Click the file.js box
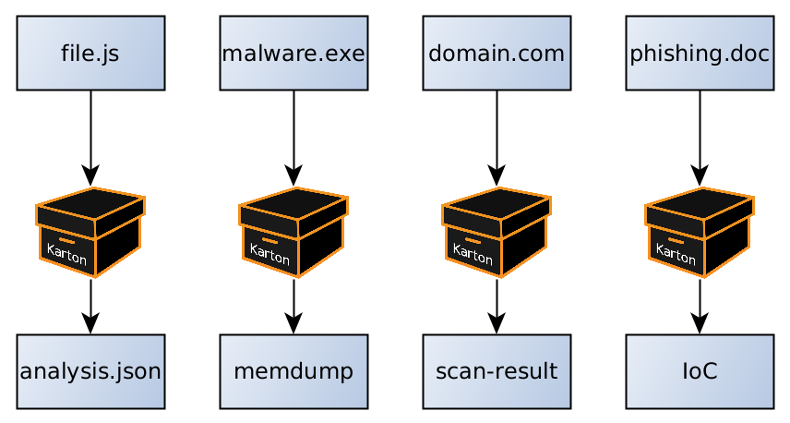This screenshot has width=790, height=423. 90,53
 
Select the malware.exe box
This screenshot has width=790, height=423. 293,53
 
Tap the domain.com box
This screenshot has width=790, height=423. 497,53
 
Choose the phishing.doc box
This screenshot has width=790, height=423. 700,53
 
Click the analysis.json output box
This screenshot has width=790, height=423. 90,371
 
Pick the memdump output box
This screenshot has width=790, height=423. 293,371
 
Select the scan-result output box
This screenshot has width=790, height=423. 497,371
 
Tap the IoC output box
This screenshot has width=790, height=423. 700,371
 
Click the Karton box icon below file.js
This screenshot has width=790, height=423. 90,232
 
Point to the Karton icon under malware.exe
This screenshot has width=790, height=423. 293,232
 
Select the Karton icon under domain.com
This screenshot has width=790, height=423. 497,232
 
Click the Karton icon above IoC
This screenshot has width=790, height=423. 700,232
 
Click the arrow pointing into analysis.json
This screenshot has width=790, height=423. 90,307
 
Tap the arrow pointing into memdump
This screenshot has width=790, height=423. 293,307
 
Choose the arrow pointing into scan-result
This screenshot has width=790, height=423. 497,307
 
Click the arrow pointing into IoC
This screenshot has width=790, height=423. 700,307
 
